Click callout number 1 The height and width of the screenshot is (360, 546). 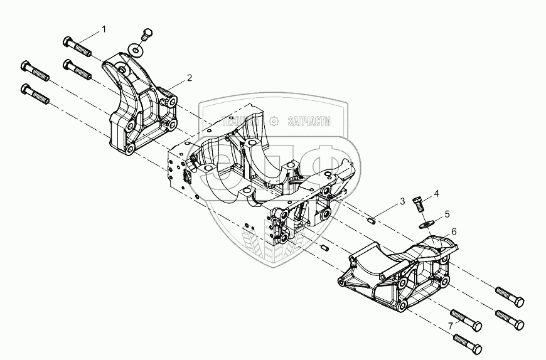(104, 29)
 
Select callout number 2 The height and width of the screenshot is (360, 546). (189, 78)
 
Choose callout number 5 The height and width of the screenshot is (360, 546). (447, 214)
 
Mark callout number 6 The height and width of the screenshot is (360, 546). (453, 231)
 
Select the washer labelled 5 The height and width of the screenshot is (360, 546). (427, 223)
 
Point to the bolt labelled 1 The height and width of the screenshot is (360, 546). (77, 45)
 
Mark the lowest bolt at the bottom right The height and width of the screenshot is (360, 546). (466, 342)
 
